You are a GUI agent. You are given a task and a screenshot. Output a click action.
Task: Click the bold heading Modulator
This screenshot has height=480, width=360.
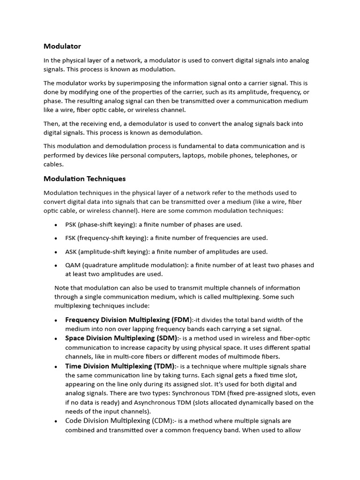(62, 46)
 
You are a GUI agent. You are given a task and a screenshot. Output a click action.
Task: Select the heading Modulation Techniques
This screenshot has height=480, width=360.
(84, 179)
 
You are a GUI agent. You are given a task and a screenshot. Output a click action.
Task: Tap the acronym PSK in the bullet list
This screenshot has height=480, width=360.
(71, 225)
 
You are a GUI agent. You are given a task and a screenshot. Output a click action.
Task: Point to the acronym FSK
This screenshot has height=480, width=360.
(71, 238)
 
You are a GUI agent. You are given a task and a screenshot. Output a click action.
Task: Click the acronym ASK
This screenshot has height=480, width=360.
(71, 252)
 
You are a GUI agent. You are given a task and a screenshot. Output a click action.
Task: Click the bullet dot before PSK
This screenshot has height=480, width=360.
(56, 225)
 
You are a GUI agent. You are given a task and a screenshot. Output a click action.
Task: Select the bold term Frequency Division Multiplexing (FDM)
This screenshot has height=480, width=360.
(128, 320)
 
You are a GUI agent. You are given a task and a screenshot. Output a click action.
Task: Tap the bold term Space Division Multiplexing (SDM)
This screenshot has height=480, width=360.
(121, 338)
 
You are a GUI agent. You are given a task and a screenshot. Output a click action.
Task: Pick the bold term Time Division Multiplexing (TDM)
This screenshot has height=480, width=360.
(120, 366)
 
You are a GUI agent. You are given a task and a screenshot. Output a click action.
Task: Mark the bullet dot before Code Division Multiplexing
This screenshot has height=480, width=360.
(56, 421)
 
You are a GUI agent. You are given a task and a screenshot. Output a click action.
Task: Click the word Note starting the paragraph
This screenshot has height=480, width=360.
(62, 288)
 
